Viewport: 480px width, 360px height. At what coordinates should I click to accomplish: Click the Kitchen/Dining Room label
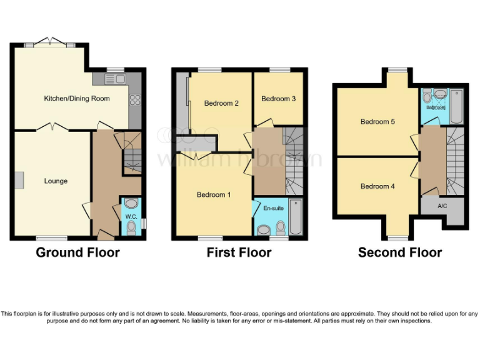pos(76,99)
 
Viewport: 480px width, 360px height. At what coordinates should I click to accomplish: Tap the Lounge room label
pos(56,181)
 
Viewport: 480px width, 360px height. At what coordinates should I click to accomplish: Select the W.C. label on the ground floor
pos(131,216)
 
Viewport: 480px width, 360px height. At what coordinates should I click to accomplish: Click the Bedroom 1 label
pos(214,195)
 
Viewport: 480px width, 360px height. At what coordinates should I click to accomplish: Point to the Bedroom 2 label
pos(222,104)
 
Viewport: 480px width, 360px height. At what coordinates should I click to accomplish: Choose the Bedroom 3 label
pos(278,99)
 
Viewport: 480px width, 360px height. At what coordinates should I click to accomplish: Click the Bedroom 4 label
pos(377,186)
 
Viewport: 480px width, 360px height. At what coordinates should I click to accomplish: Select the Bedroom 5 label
pos(377,122)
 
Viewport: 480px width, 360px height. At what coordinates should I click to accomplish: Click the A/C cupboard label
pos(442,206)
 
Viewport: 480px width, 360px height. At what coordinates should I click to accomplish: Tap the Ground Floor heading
pos(77,252)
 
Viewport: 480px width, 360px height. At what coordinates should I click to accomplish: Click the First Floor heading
pos(239,252)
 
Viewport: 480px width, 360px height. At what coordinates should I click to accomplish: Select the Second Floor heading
pos(400,252)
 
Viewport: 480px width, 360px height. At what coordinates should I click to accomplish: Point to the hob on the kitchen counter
pos(134,99)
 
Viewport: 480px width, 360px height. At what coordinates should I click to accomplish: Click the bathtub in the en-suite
pos(296,216)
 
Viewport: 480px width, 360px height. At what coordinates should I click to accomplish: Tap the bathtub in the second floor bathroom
pos(456,106)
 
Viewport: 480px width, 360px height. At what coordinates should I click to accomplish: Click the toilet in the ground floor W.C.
pos(131,204)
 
